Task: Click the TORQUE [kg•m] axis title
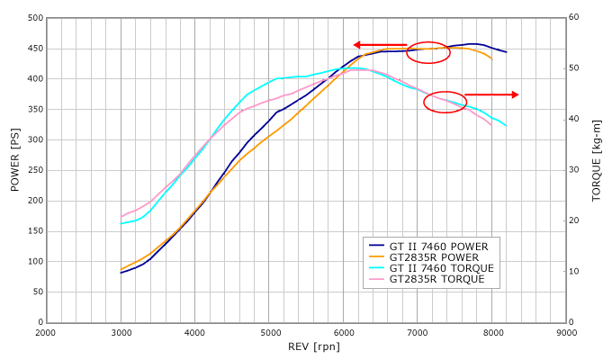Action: pos(597,170)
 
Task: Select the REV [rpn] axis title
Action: pos(307,346)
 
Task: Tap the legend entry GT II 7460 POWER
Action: pos(438,245)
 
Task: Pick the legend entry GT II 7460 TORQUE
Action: pos(441,268)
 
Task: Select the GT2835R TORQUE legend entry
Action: pos(437,280)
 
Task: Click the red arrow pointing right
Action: pos(491,94)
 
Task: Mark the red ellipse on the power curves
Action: pos(428,52)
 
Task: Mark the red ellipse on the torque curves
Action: pos(445,102)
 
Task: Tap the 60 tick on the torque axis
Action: pos(573,18)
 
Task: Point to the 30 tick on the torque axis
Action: pos(573,170)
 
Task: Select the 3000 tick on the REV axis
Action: pos(121,332)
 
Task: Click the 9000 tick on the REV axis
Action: pos(566,332)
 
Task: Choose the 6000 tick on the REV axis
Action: pos(344,332)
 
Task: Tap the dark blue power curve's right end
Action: pos(507,52)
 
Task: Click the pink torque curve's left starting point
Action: pos(121,217)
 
